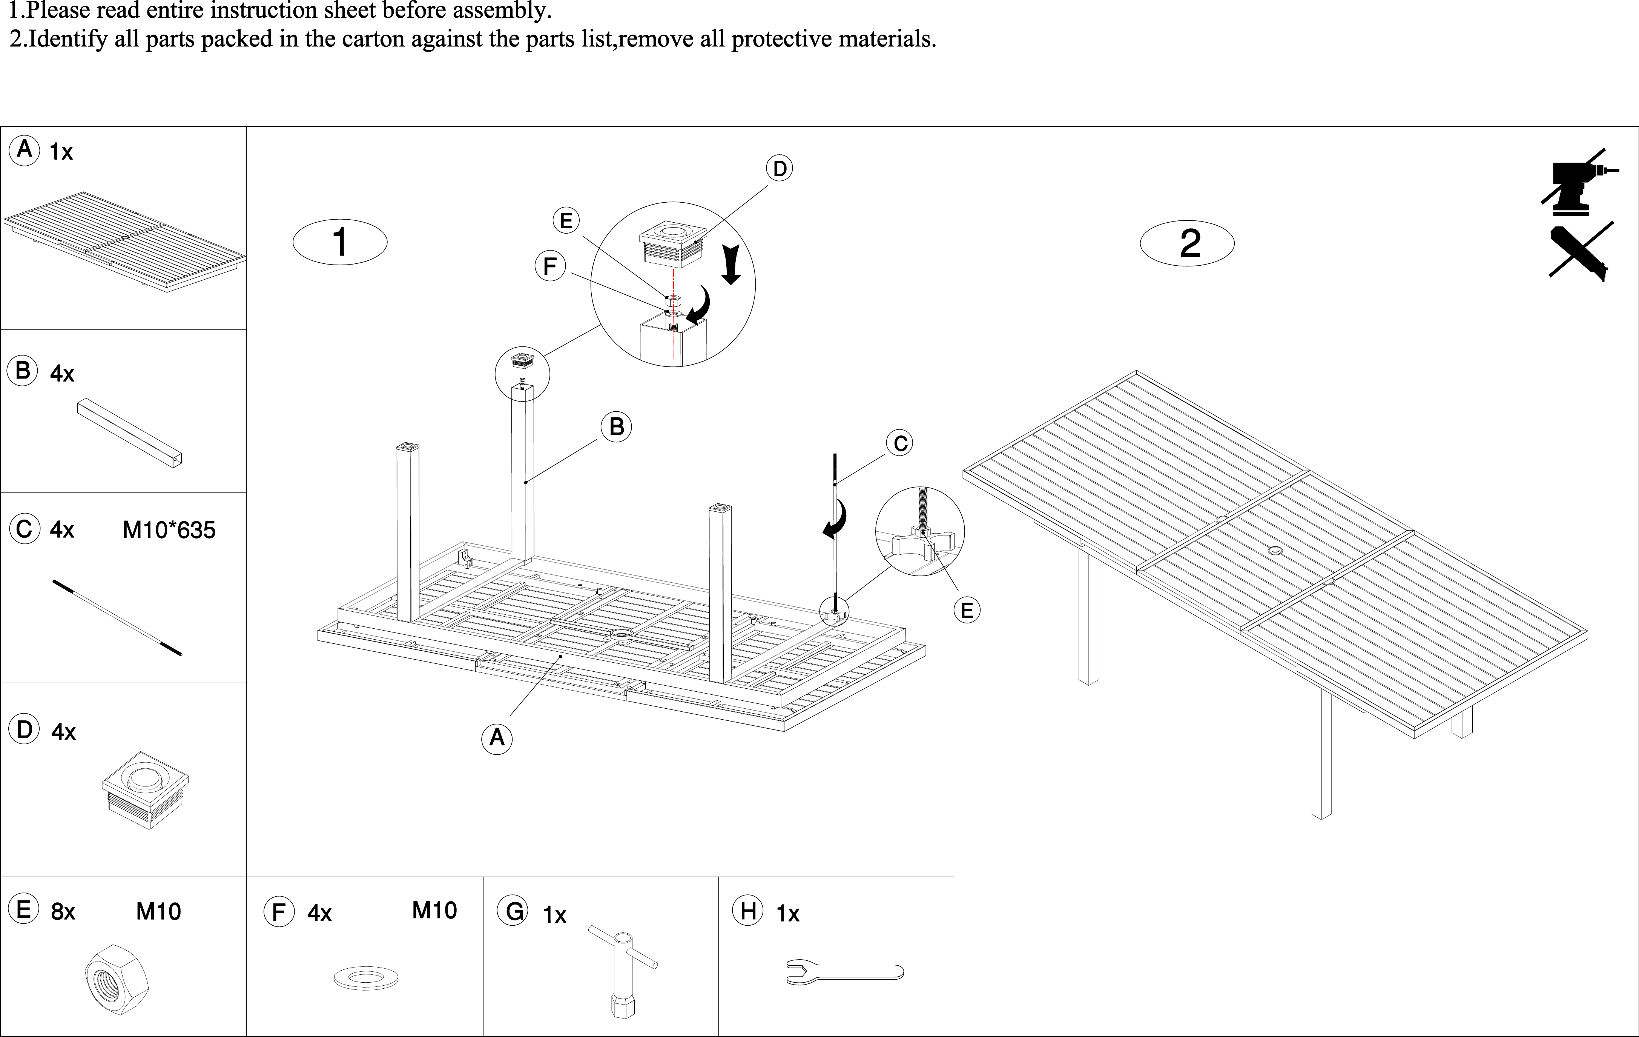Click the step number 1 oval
tap(340, 242)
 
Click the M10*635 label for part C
tap(169, 530)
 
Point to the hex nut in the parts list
tap(117, 980)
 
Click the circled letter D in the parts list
tap(24, 730)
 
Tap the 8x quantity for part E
tap(63, 912)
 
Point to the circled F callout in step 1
tap(550, 266)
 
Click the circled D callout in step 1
tap(780, 169)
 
